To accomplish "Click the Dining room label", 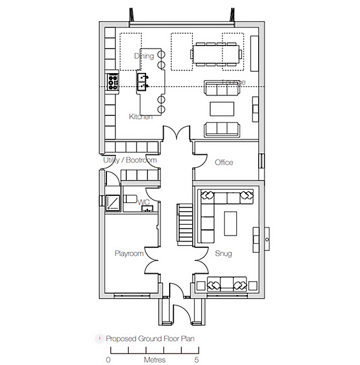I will coord(144,56).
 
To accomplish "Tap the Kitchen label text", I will coord(140,117).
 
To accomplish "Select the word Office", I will coord(224,163).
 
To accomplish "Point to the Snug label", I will coord(224,254).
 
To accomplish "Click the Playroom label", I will coord(129,254).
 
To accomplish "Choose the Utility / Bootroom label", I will coord(130,160).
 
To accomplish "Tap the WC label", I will coord(145,202).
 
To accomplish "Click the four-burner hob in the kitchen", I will coord(112,81).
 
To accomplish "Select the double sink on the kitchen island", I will coord(143,79).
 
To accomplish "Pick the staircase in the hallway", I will coord(185,222).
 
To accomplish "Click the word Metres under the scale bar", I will coord(154,361).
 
